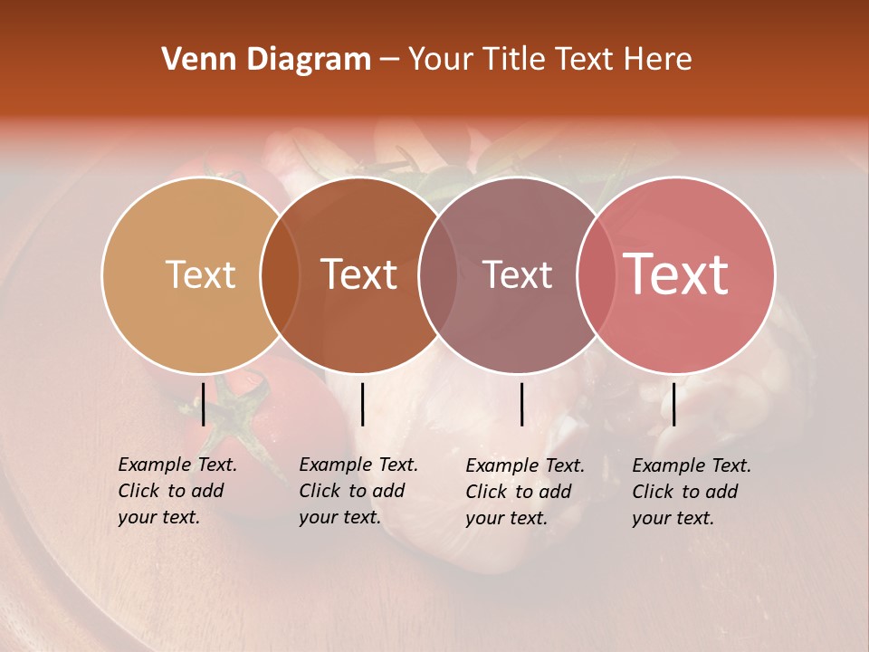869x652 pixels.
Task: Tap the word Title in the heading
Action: pos(511,60)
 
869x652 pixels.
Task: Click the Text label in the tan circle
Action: pos(200,274)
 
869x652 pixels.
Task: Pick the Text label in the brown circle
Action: pos(359,274)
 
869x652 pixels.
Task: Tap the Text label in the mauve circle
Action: pos(517,274)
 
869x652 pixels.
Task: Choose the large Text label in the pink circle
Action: pos(676,274)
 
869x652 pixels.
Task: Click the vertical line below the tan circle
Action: pos(204,404)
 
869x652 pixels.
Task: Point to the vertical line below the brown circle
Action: pos(362,404)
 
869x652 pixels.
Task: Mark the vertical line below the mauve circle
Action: pos(522,404)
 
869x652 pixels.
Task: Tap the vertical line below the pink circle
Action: pos(674,404)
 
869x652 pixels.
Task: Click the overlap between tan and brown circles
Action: pos(280,275)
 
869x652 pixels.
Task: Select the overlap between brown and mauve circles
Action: pos(438,275)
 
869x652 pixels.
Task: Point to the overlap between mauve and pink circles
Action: pos(596,275)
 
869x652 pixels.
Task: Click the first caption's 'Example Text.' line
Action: pos(177,465)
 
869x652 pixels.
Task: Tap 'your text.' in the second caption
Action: pos(339,518)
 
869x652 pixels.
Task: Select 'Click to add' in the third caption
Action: pos(519,492)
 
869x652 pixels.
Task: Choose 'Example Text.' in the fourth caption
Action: pos(692,465)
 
